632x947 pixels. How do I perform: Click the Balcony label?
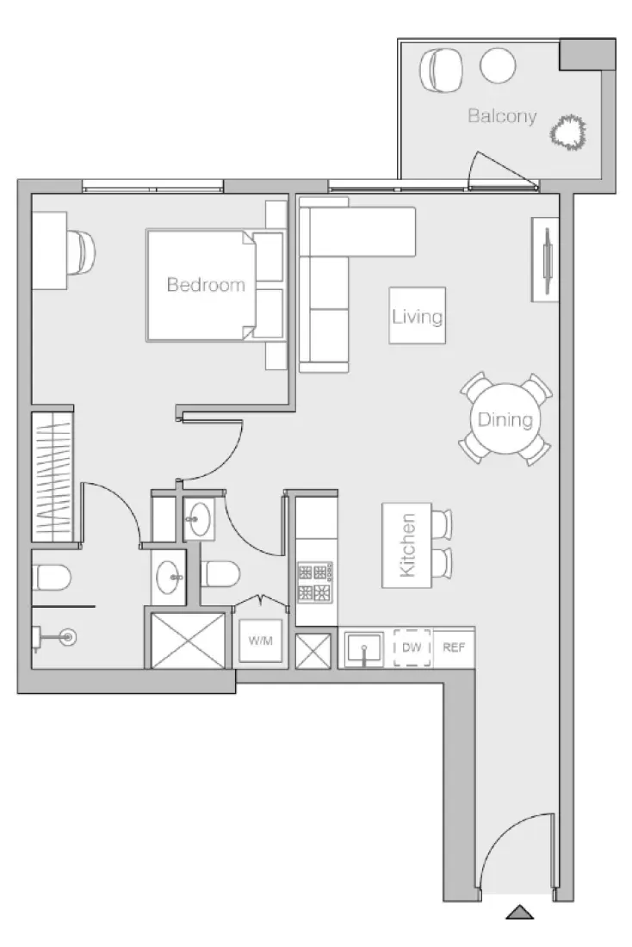(502, 116)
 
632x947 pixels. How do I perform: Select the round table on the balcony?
(497, 65)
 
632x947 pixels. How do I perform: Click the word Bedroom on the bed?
(206, 285)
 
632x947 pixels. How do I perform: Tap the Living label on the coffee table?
(417, 316)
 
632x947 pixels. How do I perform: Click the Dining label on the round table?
(505, 420)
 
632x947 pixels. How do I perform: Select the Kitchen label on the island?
(408, 545)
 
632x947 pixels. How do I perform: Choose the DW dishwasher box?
(412, 647)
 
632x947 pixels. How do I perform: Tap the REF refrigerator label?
(453, 647)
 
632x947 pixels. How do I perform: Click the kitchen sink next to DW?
(365, 649)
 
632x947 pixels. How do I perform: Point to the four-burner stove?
(315, 582)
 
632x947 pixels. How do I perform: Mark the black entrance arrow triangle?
(519, 912)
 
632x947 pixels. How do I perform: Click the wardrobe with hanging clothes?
(52, 477)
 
